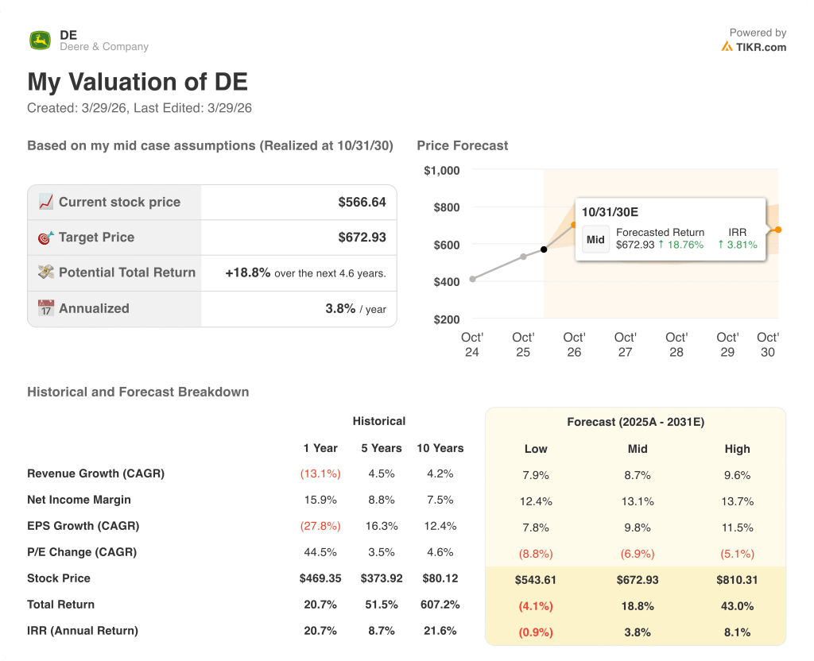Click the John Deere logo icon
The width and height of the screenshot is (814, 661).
40,41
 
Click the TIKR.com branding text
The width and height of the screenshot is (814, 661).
759,47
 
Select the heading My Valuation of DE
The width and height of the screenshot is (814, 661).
138,82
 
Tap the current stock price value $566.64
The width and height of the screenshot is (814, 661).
362,202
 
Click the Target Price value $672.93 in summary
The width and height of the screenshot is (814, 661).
362,237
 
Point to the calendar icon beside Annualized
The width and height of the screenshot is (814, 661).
46,308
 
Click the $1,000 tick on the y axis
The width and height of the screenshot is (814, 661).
442,170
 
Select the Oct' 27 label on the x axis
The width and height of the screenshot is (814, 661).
626,345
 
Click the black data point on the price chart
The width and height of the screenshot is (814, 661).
544,249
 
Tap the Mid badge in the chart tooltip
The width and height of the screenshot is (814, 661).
595,239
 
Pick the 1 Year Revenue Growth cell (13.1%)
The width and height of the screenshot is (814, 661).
320,474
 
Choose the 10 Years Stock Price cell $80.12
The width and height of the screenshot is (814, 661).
440,578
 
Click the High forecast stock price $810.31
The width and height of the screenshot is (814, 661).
737,580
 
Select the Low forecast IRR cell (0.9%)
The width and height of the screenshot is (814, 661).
536,632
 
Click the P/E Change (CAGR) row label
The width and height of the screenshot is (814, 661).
82,552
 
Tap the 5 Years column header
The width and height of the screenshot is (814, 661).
382,448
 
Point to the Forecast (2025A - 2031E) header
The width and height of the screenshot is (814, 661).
635,423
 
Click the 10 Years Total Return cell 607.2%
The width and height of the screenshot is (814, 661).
440,605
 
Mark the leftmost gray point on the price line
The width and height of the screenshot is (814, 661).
473,279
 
